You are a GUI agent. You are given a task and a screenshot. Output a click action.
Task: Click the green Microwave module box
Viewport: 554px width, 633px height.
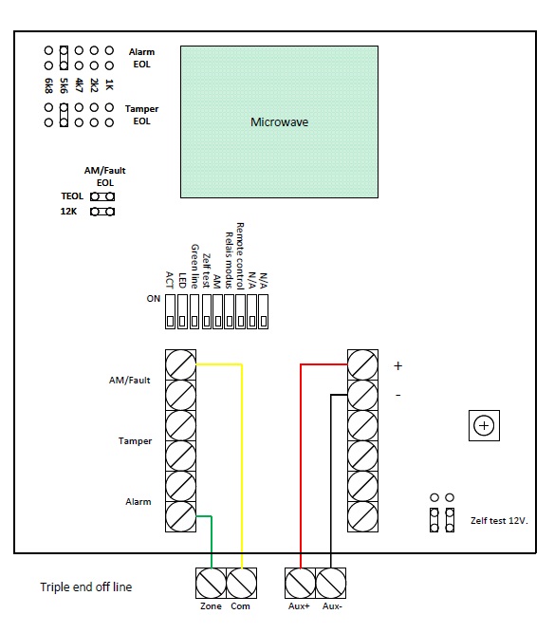(x=279, y=121)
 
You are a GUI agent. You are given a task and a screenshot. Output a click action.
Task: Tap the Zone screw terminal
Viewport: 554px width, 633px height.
(x=211, y=583)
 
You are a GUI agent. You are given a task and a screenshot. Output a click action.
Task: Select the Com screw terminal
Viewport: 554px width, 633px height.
(x=241, y=583)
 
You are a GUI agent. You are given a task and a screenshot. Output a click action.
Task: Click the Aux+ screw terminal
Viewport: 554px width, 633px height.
(x=300, y=583)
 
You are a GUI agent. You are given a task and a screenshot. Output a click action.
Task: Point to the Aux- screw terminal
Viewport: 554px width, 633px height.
(x=331, y=583)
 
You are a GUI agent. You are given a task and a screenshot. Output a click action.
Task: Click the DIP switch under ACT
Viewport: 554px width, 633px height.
(x=170, y=311)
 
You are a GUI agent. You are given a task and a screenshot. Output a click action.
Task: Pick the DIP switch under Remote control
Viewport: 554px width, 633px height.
(x=241, y=311)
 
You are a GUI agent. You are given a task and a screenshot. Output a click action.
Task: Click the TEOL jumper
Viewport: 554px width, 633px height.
(x=102, y=196)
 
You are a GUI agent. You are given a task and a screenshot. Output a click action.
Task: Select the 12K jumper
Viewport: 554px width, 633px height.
(x=102, y=212)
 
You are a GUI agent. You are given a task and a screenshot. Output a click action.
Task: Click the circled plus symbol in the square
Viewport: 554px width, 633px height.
(x=484, y=425)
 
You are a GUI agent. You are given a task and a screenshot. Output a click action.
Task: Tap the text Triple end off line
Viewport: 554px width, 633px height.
(x=86, y=587)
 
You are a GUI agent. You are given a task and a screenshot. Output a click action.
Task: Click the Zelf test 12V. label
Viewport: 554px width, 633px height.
(x=499, y=521)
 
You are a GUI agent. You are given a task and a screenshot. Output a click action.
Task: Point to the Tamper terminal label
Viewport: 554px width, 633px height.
(x=135, y=441)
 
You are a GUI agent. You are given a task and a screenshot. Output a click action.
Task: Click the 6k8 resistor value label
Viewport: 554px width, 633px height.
(x=48, y=85)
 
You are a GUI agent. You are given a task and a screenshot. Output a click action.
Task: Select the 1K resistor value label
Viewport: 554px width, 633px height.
(x=109, y=84)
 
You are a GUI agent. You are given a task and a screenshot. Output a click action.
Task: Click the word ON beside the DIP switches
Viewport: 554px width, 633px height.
(x=154, y=299)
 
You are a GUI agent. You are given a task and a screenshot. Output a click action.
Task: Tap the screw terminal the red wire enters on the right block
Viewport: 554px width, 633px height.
(x=362, y=365)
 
